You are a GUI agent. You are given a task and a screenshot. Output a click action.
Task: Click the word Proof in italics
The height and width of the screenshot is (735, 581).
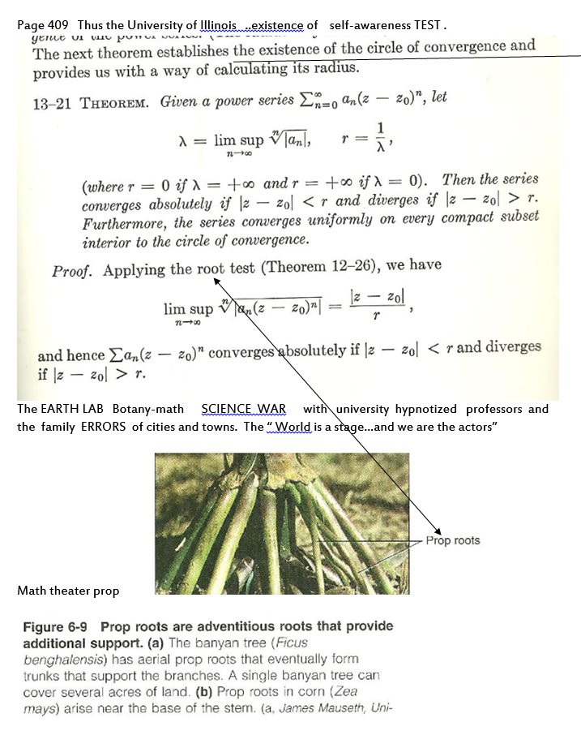pyautogui.click(x=72, y=272)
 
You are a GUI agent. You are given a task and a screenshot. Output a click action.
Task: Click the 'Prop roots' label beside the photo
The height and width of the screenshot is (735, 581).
pyautogui.click(x=452, y=540)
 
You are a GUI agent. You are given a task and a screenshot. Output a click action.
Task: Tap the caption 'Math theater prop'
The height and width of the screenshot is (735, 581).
pyautogui.click(x=68, y=591)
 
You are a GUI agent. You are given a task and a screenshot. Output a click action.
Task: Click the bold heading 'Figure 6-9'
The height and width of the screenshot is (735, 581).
pyautogui.click(x=55, y=627)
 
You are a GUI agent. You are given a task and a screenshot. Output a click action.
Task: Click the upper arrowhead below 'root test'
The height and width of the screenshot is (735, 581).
pyautogui.click(x=218, y=280)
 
